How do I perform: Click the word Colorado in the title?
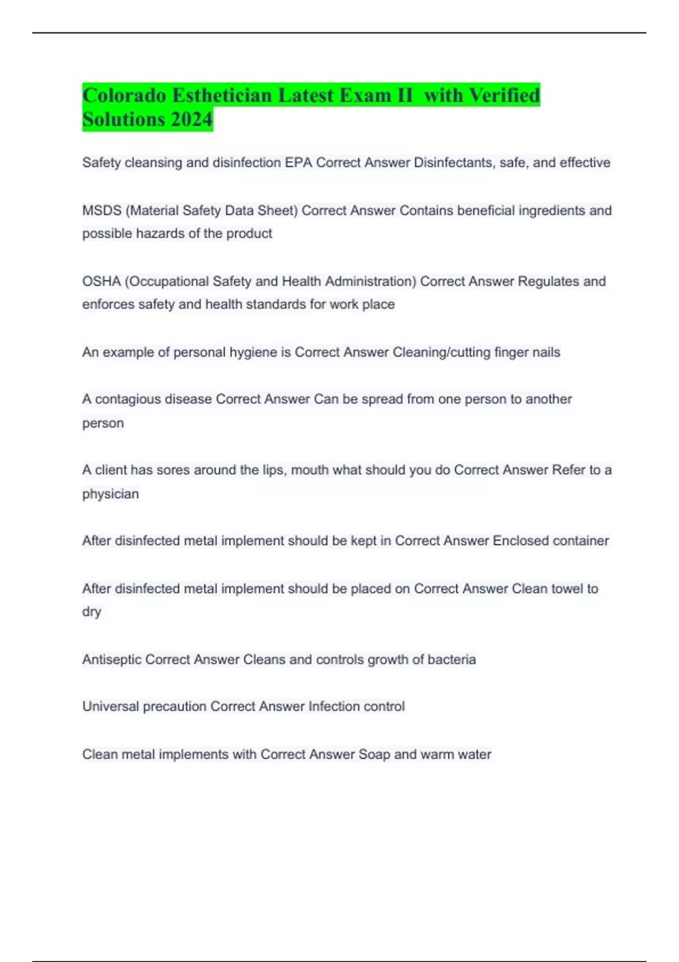point(124,95)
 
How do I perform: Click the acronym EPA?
point(298,163)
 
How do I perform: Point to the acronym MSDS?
point(102,211)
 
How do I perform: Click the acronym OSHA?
point(101,281)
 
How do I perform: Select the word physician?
point(110,494)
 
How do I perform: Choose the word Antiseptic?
point(111,660)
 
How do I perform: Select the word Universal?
point(110,707)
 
